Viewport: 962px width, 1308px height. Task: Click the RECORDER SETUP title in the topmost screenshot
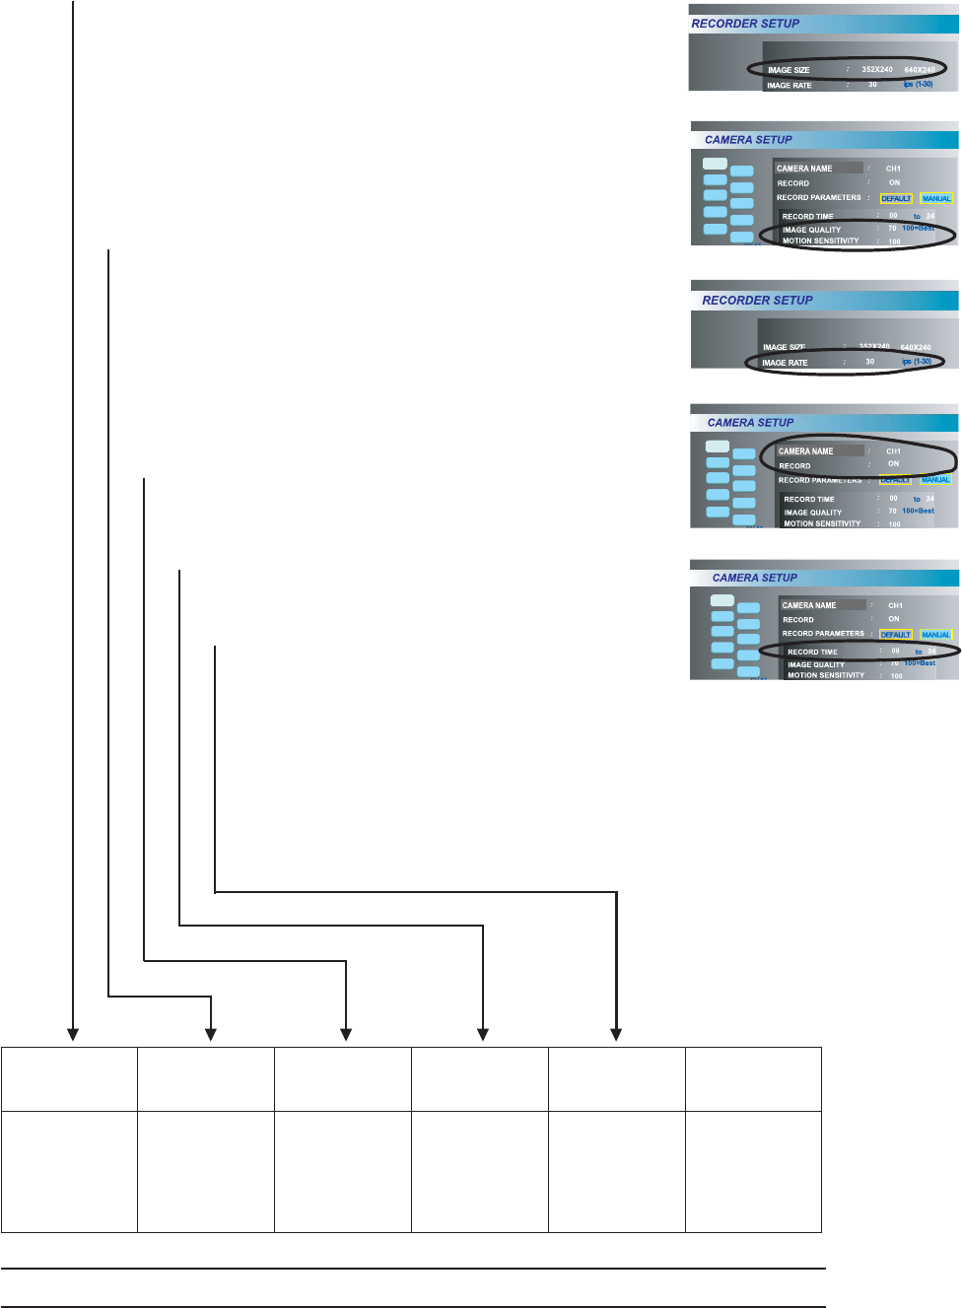click(x=745, y=24)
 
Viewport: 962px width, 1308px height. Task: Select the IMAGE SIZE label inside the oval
click(x=789, y=70)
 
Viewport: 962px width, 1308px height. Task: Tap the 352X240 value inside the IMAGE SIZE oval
click(x=876, y=70)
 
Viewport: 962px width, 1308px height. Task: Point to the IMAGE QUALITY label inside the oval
click(x=811, y=230)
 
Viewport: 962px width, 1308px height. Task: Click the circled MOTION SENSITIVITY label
click(x=820, y=241)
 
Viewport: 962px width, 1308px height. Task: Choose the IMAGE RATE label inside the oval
click(x=785, y=363)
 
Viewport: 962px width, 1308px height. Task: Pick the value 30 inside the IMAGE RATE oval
click(x=869, y=362)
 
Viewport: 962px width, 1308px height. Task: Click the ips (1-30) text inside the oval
click(x=917, y=362)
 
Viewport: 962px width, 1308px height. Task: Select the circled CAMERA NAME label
click(x=805, y=451)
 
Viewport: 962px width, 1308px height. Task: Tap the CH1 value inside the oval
click(x=893, y=451)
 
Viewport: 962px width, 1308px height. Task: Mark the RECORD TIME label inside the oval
click(x=812, y=652)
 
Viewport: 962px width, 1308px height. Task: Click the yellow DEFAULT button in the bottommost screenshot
click(x=895, y=635)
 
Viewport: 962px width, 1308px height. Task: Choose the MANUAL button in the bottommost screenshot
click(x=935, y=635)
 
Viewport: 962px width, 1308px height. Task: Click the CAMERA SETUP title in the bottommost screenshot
click(x=755, y=578)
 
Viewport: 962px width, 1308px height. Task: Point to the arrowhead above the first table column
click(x=73, y=1034)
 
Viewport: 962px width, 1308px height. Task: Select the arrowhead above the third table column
click(x=346, y=1034)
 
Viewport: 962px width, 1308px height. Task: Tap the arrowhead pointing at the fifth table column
click(x=616, y=1034)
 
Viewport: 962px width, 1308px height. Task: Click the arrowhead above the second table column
click(x=210, y=1034)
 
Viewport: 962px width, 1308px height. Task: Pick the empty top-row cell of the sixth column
click(x=753, y=1079)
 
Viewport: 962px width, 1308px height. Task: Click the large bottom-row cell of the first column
click(x=69, y=1172)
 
